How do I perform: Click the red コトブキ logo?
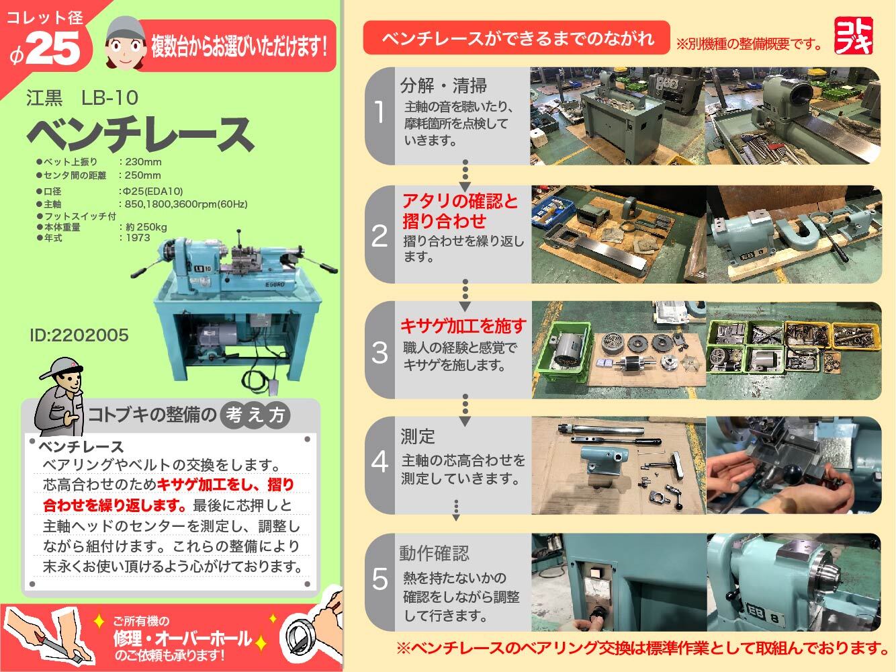click(854, 36)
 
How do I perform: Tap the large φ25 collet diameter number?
click(46, 50)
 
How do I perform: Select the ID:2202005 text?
click(79, 335)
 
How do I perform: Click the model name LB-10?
click(109, 98)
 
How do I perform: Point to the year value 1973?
click(138, 238)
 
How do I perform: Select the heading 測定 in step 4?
click(418, 437)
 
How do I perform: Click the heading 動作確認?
click(435, 554)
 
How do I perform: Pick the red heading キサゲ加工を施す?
click(463, 326)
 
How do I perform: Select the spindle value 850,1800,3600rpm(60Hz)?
click(186, 204)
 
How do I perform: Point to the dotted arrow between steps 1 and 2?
click(465, 175)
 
